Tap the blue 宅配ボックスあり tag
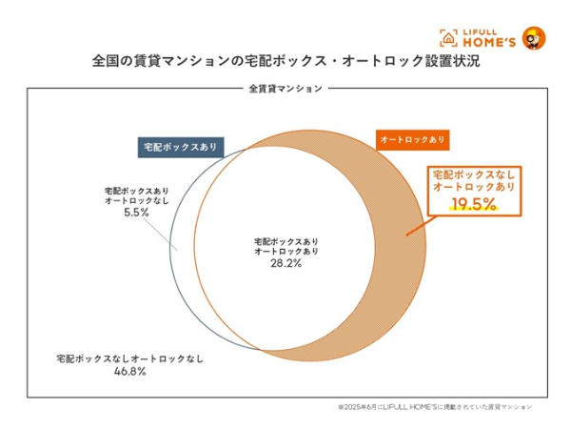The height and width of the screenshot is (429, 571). click(180, 147)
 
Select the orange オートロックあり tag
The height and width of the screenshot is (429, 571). click(412, 139)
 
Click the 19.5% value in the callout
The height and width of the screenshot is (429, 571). click(473, 204)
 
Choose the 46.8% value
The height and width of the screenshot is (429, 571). click(129, 371)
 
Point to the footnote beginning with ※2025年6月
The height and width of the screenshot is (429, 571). click(434, 406)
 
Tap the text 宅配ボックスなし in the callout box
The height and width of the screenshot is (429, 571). click(473, 175)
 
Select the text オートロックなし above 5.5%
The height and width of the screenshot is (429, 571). click(137, 201)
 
